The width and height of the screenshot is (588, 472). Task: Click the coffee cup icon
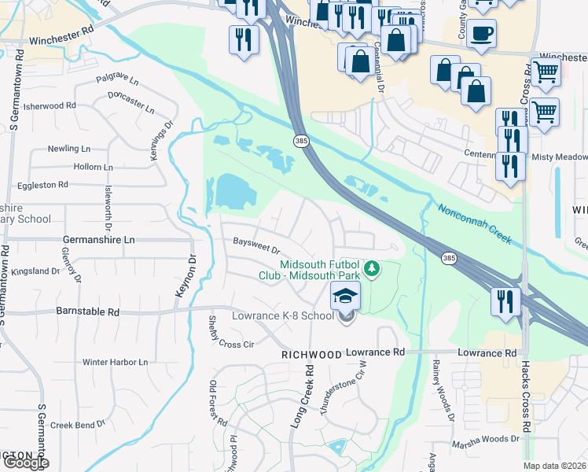point(481,34)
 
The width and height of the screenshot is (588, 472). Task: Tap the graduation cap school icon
point(344,297)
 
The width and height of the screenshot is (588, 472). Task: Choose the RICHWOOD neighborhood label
point(312,356)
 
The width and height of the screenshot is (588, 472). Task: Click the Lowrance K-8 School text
point(284,316)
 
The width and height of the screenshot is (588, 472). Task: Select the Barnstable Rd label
point(88,312)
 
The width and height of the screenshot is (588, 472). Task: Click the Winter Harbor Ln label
point(115,363)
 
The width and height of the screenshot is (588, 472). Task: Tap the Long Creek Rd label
point(301,396)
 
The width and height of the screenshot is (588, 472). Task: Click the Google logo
point(25,463)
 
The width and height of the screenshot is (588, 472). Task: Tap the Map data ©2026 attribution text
point(555,466)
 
